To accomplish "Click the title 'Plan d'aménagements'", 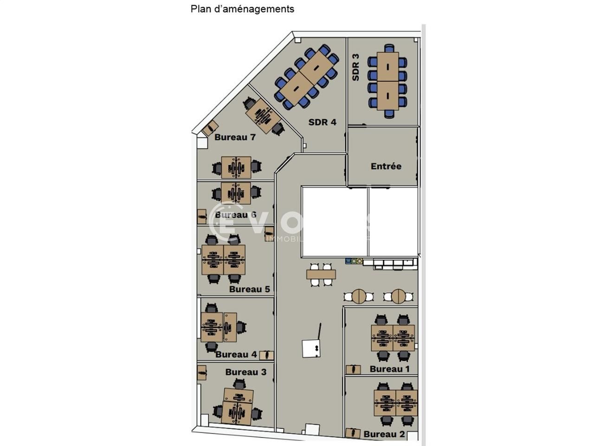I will (242, 9).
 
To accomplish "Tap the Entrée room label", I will (386, 166).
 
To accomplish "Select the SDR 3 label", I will (356, 67).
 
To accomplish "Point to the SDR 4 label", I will (322, 122).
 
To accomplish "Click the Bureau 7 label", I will (235, 138).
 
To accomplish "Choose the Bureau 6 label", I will (236, 215).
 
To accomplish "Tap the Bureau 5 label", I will (249, 289).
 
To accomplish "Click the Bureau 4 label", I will (236, 354).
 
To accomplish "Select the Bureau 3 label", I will (246, 372).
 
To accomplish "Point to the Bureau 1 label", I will (389, 369).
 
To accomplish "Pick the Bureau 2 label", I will (384, 434).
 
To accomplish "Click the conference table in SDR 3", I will (387, 81).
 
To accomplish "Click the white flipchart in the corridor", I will (310, 348).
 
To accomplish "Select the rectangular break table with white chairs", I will (321, 275).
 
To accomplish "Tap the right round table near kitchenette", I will (398, 296).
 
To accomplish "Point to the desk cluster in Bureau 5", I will (223, 259).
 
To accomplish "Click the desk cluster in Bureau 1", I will (393, 338).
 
